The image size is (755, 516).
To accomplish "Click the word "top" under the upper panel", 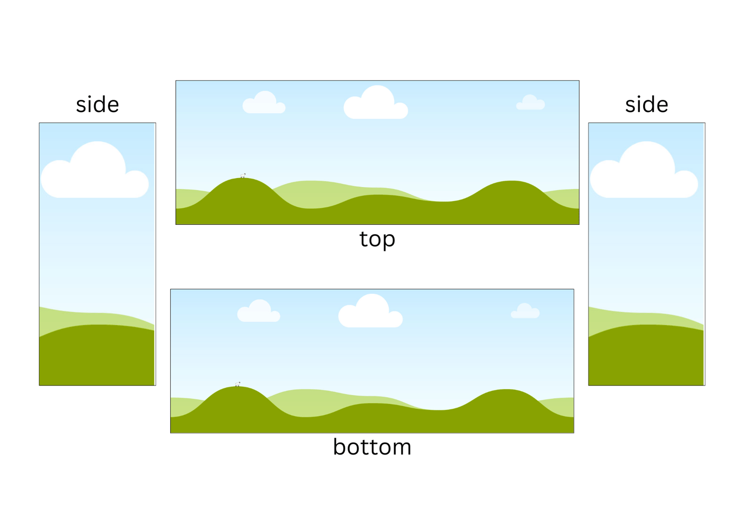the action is [x=377, y=239].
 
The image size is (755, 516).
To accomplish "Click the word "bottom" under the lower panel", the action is [x=372, y=447].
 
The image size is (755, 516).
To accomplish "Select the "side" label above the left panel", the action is [x=98, y=104].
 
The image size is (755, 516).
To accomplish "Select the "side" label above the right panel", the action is [x=646, y=104].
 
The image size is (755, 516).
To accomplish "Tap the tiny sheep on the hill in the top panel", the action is [x=243, y=176].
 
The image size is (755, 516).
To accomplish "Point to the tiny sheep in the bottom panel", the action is [x=238, y=384].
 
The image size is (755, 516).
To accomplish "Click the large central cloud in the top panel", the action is [x=376, y=103].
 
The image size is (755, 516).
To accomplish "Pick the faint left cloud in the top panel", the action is [x=264, y=103].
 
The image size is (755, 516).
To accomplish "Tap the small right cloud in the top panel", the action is [x=531, y=103].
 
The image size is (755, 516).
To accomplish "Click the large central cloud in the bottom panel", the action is [x=370, y=311].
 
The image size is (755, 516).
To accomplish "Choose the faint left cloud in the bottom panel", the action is [x=259, y=311].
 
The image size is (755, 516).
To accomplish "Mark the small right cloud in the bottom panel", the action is [x=525, y=311].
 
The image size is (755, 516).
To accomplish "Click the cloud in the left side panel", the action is [x=95, y=170].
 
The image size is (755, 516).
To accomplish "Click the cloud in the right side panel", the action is [x=644, y=170].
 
